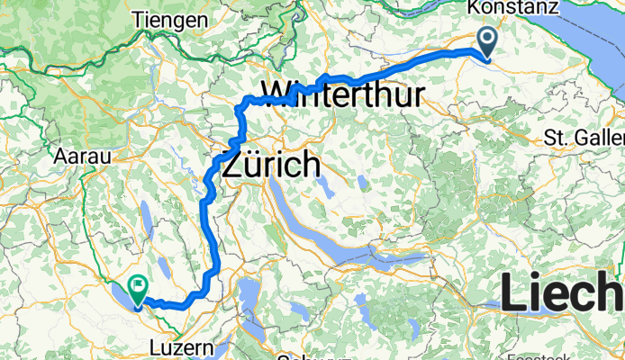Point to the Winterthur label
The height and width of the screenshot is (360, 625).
(342, 93)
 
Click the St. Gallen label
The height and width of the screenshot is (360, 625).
(584, 138)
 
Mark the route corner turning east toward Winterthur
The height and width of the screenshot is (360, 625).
(240, 106)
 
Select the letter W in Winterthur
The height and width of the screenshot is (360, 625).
(278, 93)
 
